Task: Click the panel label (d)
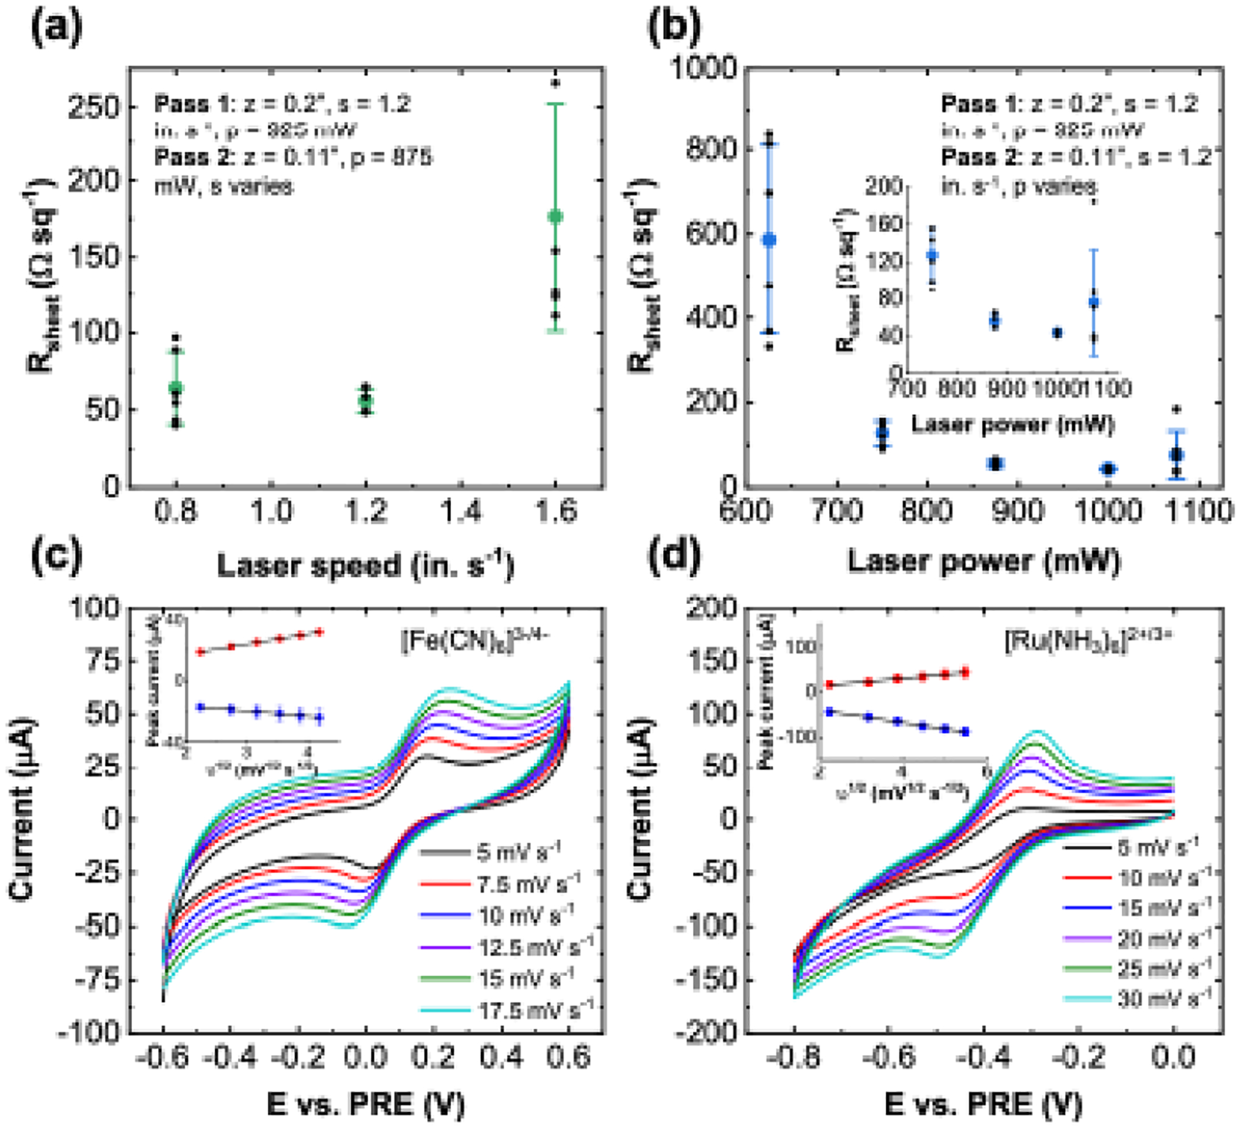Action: pos(674,556)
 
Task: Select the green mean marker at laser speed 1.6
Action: pos(555,216)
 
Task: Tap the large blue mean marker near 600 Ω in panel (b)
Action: pos(769,240)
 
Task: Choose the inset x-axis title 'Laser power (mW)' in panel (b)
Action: pos(1013,424)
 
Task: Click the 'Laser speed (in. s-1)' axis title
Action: pos(365,565)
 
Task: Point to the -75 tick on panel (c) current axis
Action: pos(99,981)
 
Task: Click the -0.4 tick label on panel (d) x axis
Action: pos(984,1057)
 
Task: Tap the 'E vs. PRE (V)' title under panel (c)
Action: pos(365,1104)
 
